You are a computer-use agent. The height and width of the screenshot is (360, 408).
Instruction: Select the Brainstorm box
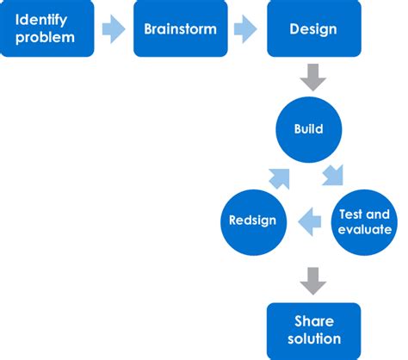point(180,29)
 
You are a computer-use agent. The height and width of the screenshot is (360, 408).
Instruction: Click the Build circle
point(309,128)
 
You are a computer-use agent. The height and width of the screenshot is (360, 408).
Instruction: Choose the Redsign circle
point(253,220)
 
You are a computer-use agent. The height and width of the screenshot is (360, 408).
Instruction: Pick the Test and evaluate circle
point(365,220)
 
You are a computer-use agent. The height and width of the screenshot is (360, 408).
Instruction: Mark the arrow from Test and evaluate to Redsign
point(309,222)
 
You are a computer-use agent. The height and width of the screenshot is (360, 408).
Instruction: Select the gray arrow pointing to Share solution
point(312,280)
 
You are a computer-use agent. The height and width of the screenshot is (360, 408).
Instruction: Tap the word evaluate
point(366,230)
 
